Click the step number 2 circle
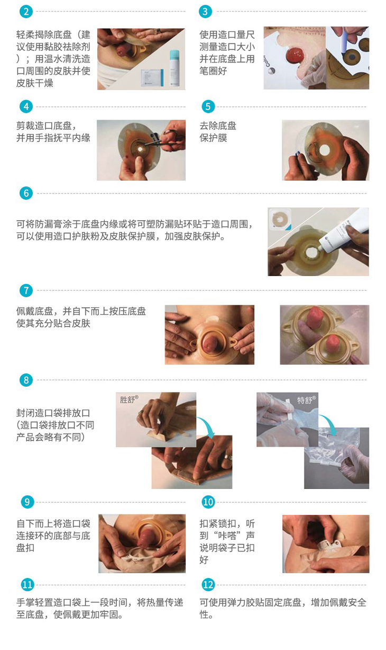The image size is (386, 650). [x=26, y=12]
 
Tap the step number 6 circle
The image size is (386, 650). [x=26, y=193]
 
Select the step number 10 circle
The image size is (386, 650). [x=208, y=502]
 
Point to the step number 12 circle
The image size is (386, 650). [x=208, y=585]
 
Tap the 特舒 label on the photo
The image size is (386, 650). [x=306, y=400]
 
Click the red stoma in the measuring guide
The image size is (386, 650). [x=295, y=55]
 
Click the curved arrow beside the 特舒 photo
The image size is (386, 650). [x=329, y=424]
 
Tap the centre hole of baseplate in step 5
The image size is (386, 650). [x=324, y=149]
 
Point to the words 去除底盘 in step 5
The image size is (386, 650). [x=218, y=126]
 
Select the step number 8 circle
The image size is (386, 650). [x=26, y=380]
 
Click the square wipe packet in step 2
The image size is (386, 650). [x=152, y=77]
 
